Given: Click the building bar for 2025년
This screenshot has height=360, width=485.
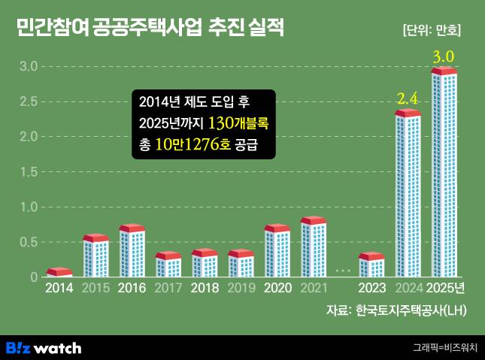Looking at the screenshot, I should tap(444, 173).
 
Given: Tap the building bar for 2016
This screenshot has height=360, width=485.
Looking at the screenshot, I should tap(132, 251).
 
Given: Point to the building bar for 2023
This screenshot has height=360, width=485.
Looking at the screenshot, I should tap(371, 265).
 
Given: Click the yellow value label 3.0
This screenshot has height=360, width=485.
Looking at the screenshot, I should tap(444, 56).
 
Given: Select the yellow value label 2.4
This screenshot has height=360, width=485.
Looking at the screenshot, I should tap(407, 98).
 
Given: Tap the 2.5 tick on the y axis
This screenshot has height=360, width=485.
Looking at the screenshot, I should tap(28, 101).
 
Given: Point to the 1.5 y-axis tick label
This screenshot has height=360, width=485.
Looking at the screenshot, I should tap(28, 172).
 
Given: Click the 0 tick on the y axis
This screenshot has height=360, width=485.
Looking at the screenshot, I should tap(34, 277).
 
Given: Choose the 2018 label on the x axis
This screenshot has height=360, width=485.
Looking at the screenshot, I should tap(205, 288).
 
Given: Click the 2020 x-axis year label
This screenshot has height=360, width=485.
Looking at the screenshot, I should tap(277, 288).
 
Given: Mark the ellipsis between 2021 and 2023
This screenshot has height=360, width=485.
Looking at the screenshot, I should tap(343, 269).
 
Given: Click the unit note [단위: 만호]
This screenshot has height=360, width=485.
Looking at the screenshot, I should tap(432, 31).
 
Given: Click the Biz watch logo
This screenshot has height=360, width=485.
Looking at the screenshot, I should tap(44, 348).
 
